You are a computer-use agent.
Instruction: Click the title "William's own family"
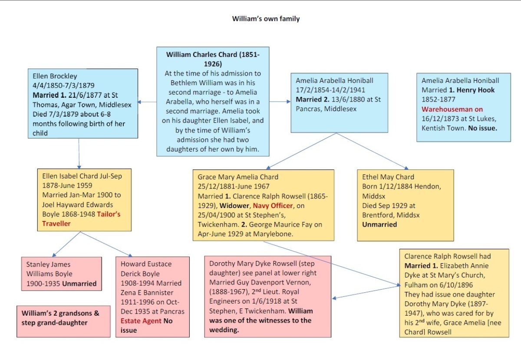(x=266, y=19)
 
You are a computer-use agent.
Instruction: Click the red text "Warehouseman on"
(x=452, y=109)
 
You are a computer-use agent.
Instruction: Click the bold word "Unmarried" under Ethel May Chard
(x=379, y=225)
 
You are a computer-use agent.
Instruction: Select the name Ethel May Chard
(x=388, y=177)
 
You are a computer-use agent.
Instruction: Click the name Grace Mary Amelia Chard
(x=238, y=177)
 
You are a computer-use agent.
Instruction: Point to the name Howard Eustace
(x=146, y=264)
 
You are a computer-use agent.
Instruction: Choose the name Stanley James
(x=48, y=264)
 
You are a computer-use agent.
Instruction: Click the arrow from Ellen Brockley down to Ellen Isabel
(x=79, y=154)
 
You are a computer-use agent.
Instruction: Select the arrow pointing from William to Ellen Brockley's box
(x=148, y=102)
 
